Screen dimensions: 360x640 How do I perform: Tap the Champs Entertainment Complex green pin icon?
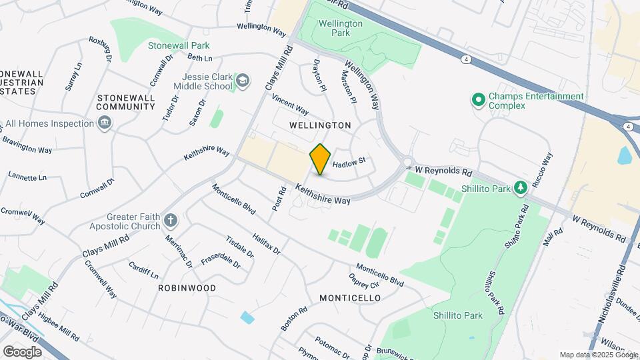coord(478,101)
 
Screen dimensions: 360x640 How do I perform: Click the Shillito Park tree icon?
coord(521,188)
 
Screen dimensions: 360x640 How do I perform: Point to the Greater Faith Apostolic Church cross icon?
coord(171,221)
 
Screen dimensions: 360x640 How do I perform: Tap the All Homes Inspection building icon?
coord(104,123)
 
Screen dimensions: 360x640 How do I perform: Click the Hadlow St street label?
coord(349,162)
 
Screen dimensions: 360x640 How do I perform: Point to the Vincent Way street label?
coord(290,104)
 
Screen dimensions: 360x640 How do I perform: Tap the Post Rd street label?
coord(279,199)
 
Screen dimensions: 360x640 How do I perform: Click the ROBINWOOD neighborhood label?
coord(187,288)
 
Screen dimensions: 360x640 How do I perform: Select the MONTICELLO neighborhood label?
coord(350,297)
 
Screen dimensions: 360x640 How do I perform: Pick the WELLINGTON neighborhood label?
coord(320,125)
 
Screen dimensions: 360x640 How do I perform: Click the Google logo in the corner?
coord(22,351)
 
